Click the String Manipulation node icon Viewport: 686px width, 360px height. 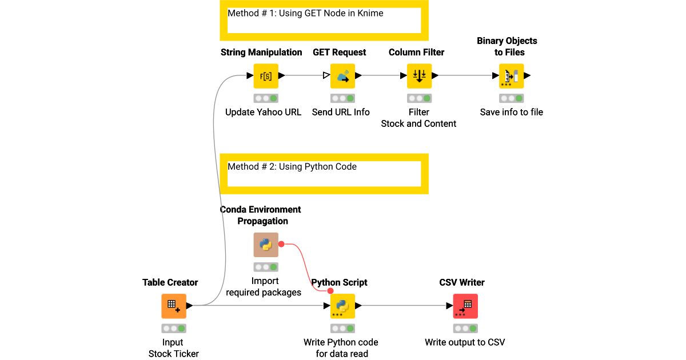click(266, 75)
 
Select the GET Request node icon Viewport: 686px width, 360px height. click(342, 75)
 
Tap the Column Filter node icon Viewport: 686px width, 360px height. click(419, 75)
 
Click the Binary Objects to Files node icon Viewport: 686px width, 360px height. click(511, 75)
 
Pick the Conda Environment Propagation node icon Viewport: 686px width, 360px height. click(266, 245)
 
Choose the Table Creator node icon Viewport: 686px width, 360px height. click(174, 306)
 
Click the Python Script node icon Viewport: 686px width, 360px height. click(342, 306)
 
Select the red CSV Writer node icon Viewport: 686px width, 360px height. click(465, 306)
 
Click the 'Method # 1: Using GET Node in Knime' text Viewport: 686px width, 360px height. click(305, 13)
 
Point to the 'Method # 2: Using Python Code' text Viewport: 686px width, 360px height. click(292, 167)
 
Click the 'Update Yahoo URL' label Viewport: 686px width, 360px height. click(263, 112)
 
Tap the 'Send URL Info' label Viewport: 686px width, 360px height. click(341, 112)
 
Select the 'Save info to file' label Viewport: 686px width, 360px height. click(511, 112)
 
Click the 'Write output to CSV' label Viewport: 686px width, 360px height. click(465, 342)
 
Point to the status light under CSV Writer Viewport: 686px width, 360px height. click(465, 329)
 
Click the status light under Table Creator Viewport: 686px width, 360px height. click(174, 329)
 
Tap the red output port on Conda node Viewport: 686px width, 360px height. click(281, 244)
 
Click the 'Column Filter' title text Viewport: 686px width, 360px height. click(416, 52)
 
